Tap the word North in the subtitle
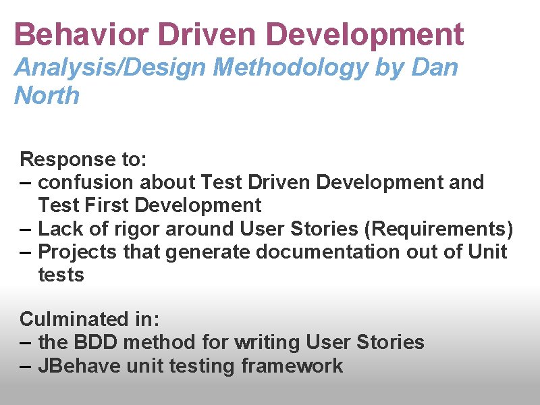(x=47, y=96)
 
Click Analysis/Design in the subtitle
(x=111, y=67)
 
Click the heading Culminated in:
(x=83, y=319)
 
